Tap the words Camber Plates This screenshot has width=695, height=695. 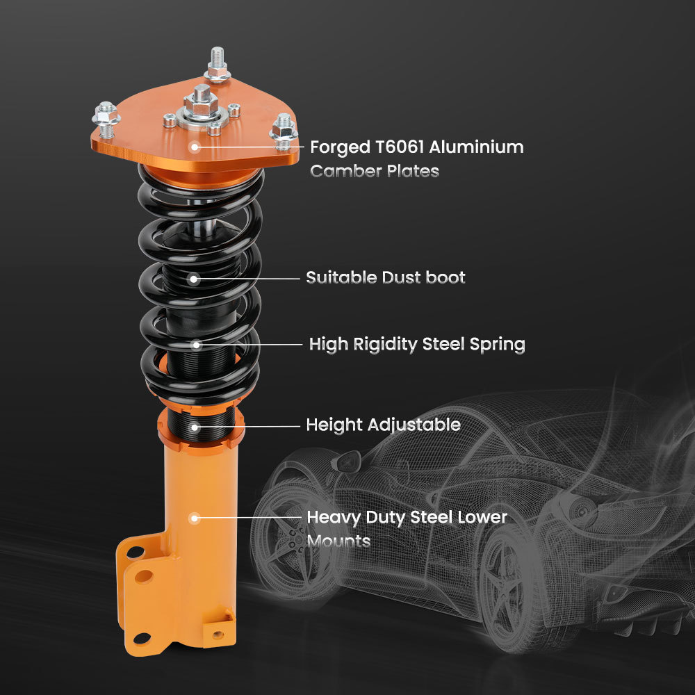(374, 171)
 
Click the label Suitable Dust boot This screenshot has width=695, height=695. (386, 278)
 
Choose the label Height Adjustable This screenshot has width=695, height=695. (383, 425)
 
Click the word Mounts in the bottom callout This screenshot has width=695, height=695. (338, 541)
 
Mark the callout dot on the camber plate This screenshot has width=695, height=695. (195, 147)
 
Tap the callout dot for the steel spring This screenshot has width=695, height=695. (196, 344)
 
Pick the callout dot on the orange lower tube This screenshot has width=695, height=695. (195, 518)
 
